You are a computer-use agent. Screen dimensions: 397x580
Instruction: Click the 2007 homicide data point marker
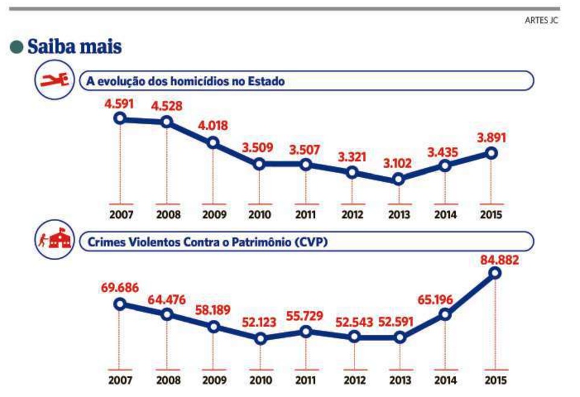click(x=119, y=118)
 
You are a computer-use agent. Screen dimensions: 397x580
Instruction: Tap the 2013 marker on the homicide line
click(x=398, y=179)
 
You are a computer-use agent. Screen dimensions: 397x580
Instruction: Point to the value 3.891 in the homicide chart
click(x=491, y=137)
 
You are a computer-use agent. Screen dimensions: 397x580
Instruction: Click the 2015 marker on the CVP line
click(x=495, y=273)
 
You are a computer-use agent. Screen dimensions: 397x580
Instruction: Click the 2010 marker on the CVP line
click(x=260, y=338)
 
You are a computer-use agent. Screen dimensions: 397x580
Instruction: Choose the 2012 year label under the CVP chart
click(x=353, y=380)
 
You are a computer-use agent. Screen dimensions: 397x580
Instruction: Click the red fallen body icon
click(x=53, y=80)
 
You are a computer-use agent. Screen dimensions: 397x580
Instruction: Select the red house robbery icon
click(x=54, y=240)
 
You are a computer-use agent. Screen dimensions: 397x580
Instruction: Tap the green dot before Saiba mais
click(x=17, y=47)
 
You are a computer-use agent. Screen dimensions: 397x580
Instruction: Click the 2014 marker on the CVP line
click(x=446, y=314)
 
